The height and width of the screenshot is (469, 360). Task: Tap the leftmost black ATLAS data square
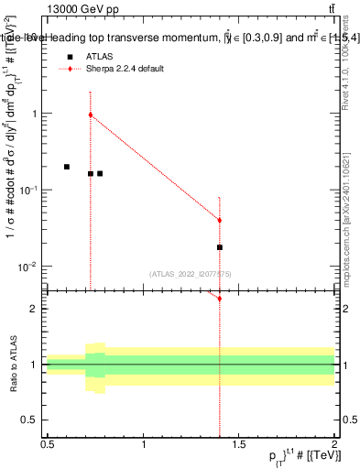[x=67, y=167]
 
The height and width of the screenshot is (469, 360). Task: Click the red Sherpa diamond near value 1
[x=91, y=115]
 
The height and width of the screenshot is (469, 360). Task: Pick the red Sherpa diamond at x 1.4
[x=220, y=220]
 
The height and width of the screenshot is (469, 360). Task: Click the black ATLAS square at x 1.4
[x=220, y=247]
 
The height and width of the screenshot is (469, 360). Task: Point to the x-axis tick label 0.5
[x=48, y=444]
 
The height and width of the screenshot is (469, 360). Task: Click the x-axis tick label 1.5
[x=239, y=444]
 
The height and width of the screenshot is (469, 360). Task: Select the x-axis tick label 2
[x=334, y=444]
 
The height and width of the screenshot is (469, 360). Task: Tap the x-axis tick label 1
[x=144, y=444]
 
